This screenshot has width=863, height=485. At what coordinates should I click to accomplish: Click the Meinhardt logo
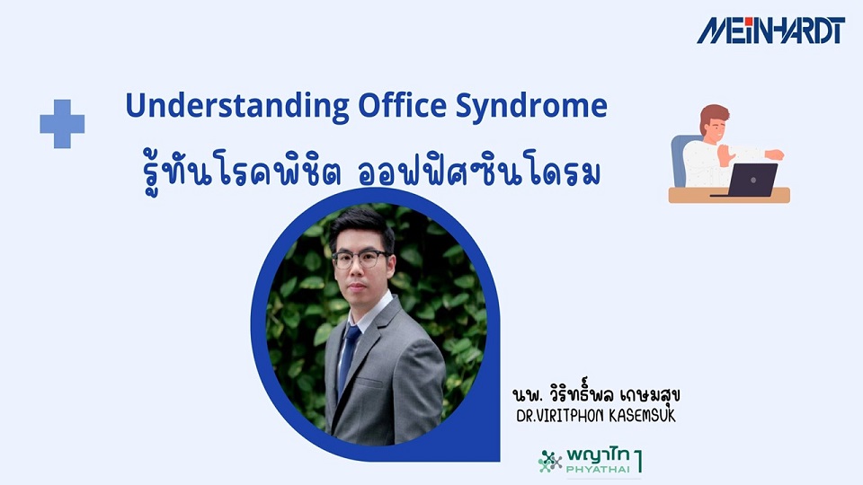(770, 30)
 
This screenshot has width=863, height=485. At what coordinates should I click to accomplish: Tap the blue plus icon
(62, 124)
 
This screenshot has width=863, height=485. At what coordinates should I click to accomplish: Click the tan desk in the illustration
(728, 196)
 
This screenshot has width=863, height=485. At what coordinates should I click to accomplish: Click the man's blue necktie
(348, 356)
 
